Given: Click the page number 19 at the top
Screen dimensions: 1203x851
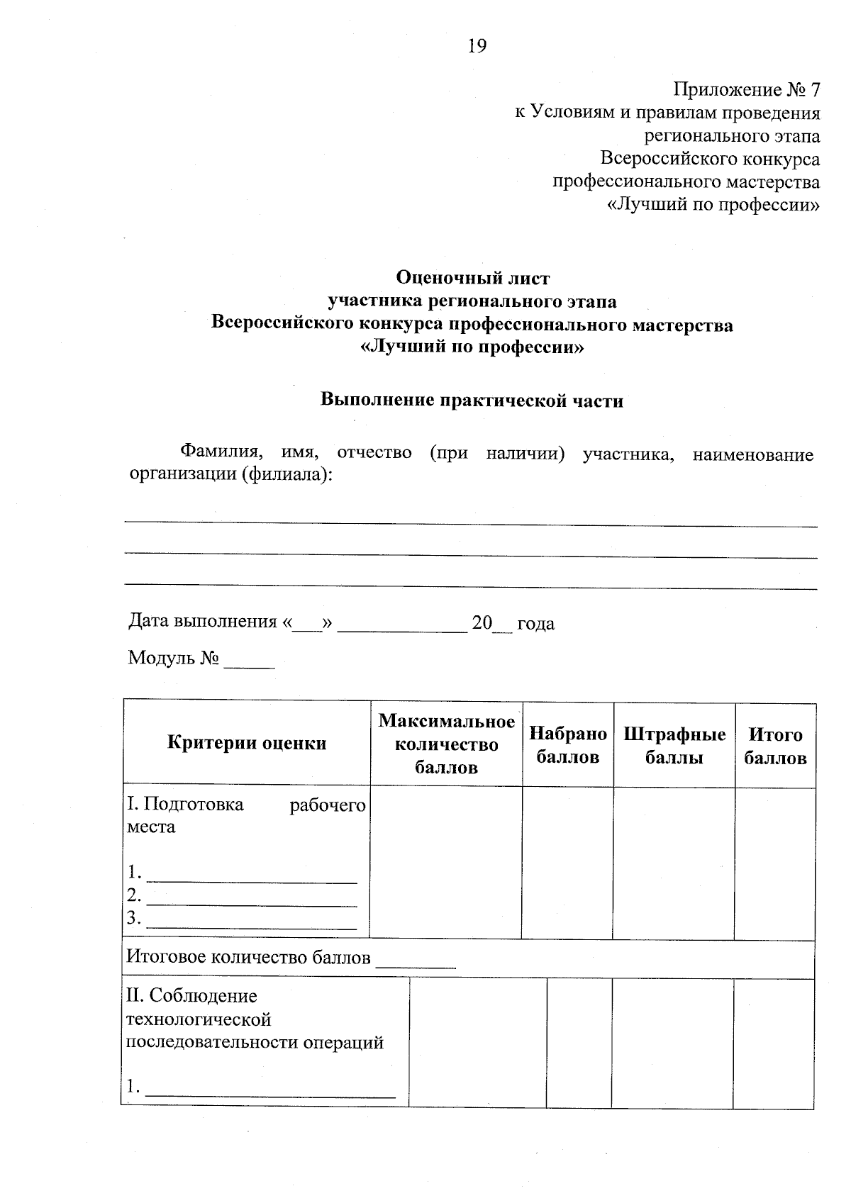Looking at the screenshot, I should tap(477, 47).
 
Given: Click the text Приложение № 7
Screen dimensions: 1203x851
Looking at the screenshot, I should tap(746, 90).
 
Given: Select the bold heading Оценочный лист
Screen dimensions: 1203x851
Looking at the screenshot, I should tap(472, 277).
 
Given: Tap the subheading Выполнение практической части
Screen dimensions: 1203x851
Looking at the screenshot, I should tap(472, 401).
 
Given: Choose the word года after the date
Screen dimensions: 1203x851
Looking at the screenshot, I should tap(535, 624).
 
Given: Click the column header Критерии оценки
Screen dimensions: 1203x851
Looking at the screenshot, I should tap(247, 743).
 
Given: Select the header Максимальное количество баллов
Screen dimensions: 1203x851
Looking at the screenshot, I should tap(446, 744).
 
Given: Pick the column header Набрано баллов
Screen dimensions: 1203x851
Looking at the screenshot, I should tap(567, 745).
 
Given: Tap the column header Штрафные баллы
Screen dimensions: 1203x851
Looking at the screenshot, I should tap(674, 745).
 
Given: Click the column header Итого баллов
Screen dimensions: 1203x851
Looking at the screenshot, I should tap(774, 746).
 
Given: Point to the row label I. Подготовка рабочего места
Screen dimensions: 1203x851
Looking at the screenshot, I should tap(245, 815).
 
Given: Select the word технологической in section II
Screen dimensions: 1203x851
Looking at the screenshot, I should tap(199, 1019).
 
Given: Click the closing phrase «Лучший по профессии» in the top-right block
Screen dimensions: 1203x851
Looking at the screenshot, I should tap(714, 206).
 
